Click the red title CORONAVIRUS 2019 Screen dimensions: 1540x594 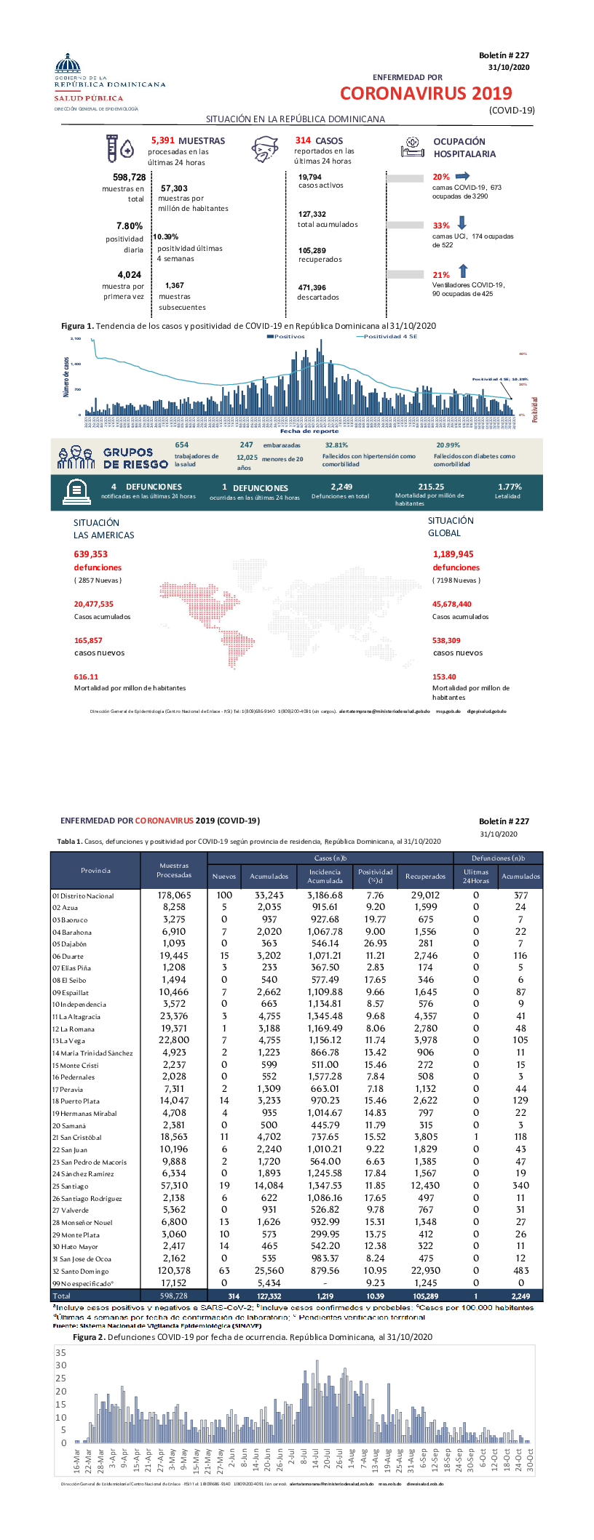[x=426, y=93]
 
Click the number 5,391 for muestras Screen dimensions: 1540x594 [x=162, y=140]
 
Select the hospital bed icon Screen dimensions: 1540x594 [x=412, y=148]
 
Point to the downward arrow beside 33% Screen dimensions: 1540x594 [x=462, y=223]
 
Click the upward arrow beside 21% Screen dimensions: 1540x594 [x=463, y=272]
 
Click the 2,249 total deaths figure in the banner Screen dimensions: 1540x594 [x=341, y=487]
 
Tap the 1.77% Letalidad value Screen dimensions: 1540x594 [x=510, y=487]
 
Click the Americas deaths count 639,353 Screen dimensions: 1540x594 [x=90, y=554]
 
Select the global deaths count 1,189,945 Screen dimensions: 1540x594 [x=453, y=554]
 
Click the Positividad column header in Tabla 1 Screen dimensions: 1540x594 [x=375, y=876]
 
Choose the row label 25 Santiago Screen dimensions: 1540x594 [x=70, y=1186]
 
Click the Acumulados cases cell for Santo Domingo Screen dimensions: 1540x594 [x=269, y=1271]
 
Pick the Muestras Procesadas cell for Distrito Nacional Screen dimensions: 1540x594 [x=174, y=895]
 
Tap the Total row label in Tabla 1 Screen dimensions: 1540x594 [x=62, y=1296]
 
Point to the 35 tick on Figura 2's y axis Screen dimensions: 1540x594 [x=61, y=1352]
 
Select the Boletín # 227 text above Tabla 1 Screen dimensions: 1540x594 [x=504, y=821]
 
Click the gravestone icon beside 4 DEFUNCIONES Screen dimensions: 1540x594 [x=76, y=492]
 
